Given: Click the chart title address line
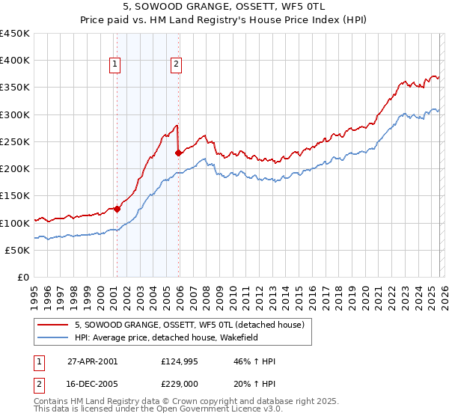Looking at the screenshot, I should (224, 7).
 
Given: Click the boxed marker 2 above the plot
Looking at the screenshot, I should (177, 65).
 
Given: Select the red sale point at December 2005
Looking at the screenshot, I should (178, 153).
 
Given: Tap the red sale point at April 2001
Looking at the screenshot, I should (117, 209).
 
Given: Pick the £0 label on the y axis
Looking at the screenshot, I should (24, 277).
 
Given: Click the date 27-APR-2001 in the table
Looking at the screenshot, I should (92, 361).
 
